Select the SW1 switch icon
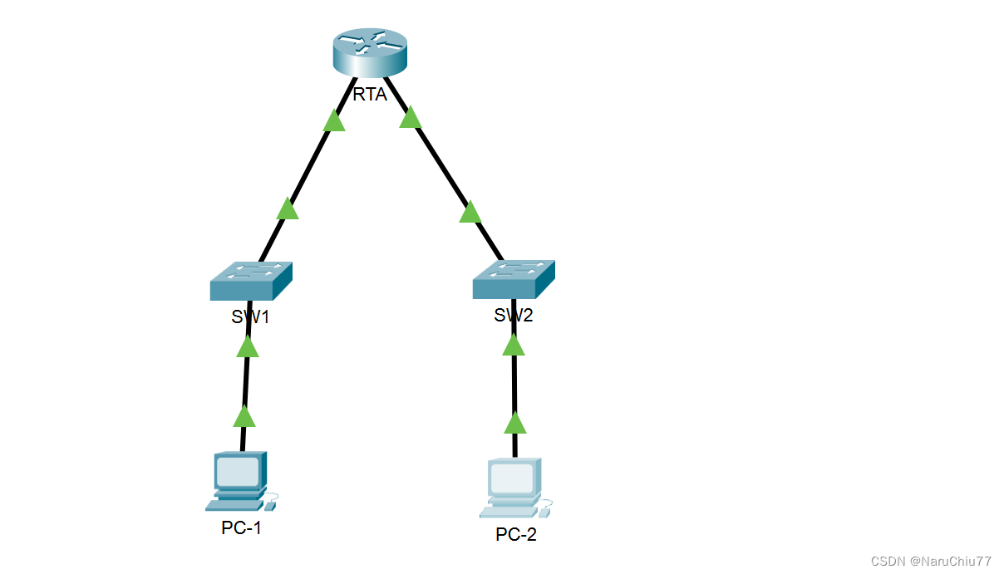point(251,280)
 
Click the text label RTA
point(370,95)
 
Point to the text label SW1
point(251,316)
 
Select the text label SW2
point(513,316)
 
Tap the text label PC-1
point(241,527)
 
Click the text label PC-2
point(516,534)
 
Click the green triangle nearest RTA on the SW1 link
point(333,121)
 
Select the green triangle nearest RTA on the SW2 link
point(410,118)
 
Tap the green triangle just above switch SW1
point(288,209)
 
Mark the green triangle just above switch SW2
point(470,213)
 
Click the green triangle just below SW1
point(248,346)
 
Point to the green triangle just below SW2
point(514,345)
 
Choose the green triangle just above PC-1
point(244,416)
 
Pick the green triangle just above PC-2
point(515,424)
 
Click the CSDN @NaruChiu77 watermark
point(931,562)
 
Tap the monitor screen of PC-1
point(238,472)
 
